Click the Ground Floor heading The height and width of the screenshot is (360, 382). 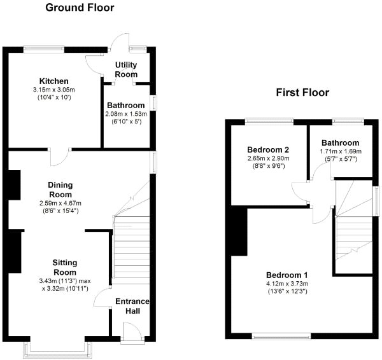click(80, 8)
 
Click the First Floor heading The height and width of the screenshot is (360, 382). click(302, 92)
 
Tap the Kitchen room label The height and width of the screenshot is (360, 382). click(54, 81)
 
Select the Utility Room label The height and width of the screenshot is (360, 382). click(126, 69)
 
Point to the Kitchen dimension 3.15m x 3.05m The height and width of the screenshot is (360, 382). click(54, 90)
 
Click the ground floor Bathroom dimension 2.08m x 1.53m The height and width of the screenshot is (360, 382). click(126, 114)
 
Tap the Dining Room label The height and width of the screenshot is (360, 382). click(60, 190)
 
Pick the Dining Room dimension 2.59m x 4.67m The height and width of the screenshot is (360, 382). click(60, 203)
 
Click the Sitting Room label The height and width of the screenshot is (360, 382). click(65, 267)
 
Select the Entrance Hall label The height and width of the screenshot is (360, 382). click(132, 306)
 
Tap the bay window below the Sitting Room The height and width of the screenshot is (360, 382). click(58, 350)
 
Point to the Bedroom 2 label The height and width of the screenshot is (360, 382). click(268, 149)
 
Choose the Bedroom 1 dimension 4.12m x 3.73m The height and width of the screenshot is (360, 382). click(287, 284)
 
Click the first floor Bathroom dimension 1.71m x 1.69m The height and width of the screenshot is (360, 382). click(341, 151)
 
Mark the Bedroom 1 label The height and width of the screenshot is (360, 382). click(287, 275)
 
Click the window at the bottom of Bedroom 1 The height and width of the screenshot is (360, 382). click(281, 336)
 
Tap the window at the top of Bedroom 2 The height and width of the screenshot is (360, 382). click(269, 121)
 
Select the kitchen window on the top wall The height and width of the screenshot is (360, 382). click(44, 50)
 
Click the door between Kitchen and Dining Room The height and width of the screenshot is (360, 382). click(60, 157)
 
